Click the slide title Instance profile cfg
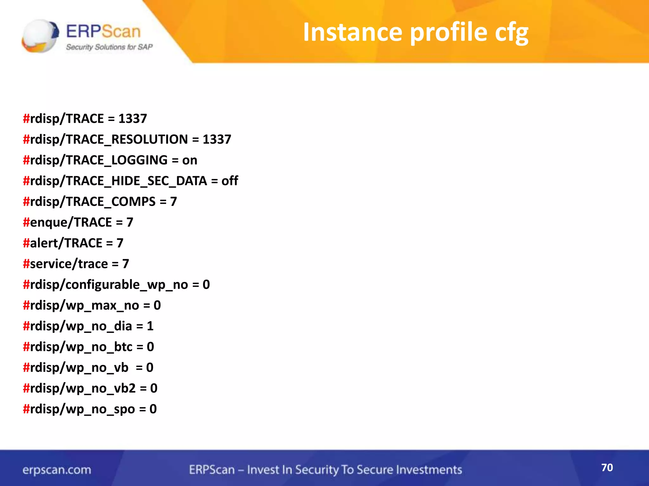coord(415,32)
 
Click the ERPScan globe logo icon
coord(40,36)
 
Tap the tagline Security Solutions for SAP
coord(109,47)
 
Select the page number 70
coord(607,467)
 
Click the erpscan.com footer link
coord(57,470)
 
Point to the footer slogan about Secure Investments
coord(325,470)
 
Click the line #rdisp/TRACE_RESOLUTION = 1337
coord(127,139)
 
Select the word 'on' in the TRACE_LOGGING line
coord(190,160)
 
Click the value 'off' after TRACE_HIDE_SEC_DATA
coord(230,181)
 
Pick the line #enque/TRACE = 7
coord(78,222)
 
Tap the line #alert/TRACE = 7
coord(73,243)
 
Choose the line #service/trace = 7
coord(76,264)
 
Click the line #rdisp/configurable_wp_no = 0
coord(116,284)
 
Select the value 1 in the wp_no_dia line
coord(150,326)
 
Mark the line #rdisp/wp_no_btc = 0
coord(88,347)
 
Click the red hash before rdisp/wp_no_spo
coord(26,409)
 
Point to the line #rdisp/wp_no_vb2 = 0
coord(90,388)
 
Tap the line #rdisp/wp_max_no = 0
coord(92,305)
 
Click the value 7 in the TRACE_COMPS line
coord(173,202)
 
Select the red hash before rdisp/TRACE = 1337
coord(26,119)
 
